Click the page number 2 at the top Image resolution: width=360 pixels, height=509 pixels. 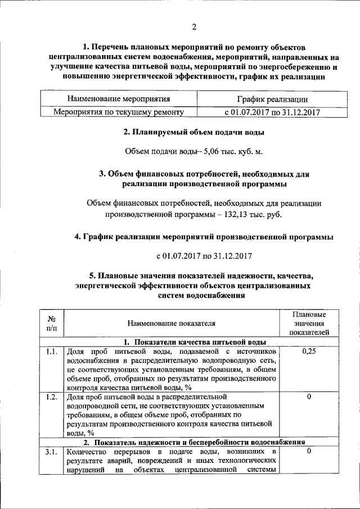pos(194,27)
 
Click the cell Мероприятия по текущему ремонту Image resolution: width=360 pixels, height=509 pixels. pos(119,112)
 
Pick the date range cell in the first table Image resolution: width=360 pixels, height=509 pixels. pos(272,112)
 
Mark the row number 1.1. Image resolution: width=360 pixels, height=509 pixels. pos(51,352)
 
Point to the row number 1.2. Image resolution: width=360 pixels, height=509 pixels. pos(51,397)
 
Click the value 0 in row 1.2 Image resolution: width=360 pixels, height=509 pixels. pos(309,397)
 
